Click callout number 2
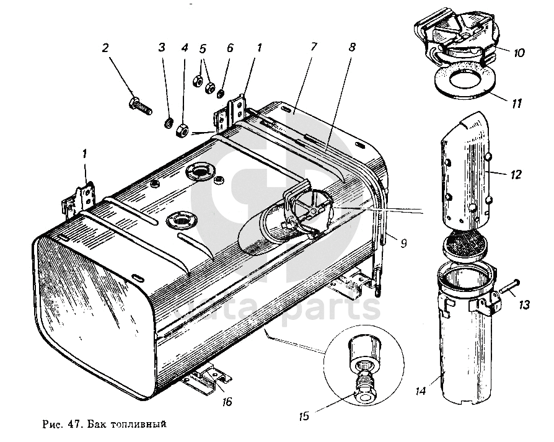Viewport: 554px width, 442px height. [x=105, y=48]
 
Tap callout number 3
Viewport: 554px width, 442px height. [x=162, y=48]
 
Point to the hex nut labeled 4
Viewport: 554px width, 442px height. [x=183, y=130]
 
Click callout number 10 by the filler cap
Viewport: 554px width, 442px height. [x=519, y=54]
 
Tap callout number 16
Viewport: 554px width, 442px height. [x=227, y=402]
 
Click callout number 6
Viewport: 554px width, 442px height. [x=231, y=48]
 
